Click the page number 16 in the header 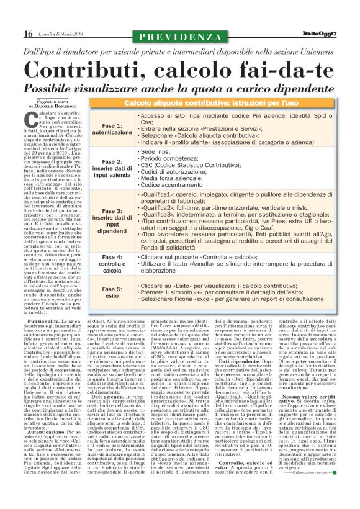click(28, 33)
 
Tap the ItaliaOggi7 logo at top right click(319, 33)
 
